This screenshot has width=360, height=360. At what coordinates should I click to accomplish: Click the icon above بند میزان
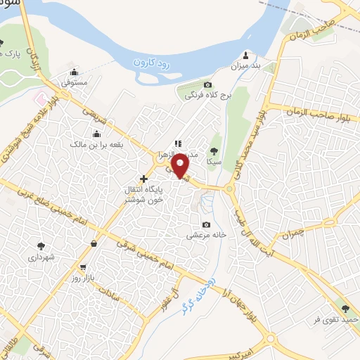245,56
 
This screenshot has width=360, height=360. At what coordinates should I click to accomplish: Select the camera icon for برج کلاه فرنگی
207,84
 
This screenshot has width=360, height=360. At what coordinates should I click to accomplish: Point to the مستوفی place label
74,82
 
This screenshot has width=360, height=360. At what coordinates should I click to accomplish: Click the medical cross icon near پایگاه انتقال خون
144,179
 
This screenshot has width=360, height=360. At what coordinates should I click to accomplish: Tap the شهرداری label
41,257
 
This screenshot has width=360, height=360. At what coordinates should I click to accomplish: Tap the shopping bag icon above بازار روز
94,244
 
